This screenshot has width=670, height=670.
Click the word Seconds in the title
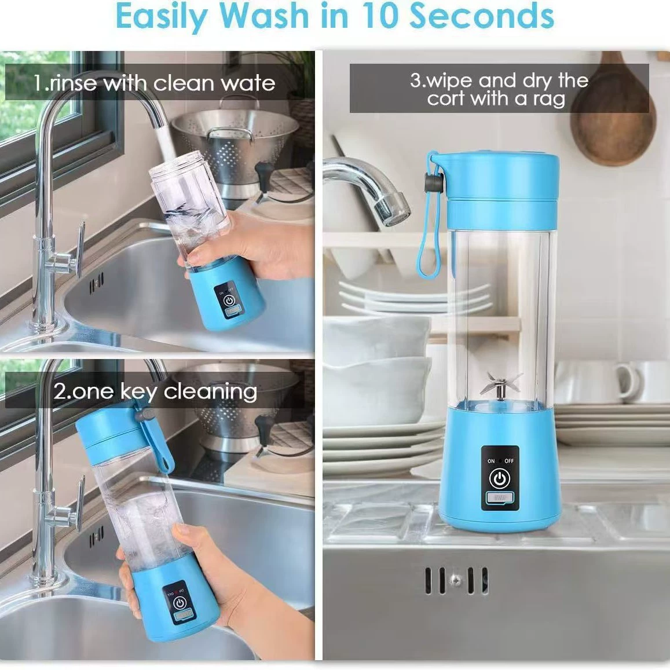pyautogui.click(x=482, y=16)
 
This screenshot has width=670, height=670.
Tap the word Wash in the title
pyautogui.click(x=265, y=16)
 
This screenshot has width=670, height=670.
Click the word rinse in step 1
pyautogui.click(x=72, y=83)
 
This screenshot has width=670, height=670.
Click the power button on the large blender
pyautogui.click(x=500, y=478)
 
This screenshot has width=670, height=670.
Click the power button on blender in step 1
pyautogui.click(x=229, y=301)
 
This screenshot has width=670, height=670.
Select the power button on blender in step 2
pyautogui.click(x=180, y=603)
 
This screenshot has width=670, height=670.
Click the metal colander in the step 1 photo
pyautogui.click(x=235, y=149)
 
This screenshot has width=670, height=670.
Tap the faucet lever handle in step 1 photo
pyautogui.click(x=80, y=248)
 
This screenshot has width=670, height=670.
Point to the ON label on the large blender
pyautogui.click(x=491, y=461)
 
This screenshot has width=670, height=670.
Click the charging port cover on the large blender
pyautogui.click(x=500, y=498)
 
